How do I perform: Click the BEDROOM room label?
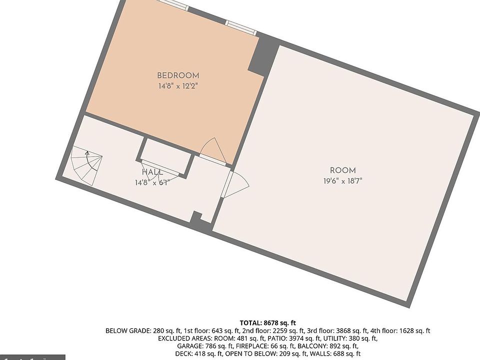pyautogui.click(x=178, y=75)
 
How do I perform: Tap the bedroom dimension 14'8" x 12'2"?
pyautogui.click(x=178, y=85)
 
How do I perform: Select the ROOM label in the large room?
pyautogui.click(x=342, y=170)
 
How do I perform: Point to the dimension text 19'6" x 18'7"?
pyautogui.click(x=342, y=180)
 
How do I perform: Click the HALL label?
pyautogui.click(x=152, y=172)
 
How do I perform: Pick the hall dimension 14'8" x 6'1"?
pyautogui.click(x=152, y=182)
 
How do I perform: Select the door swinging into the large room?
pyautogui.click(x=236, y=184)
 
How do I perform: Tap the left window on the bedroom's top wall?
pyautogui.click(x=173, y=3)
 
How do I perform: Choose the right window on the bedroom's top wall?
pyautogui.click(x=240, y=27)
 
